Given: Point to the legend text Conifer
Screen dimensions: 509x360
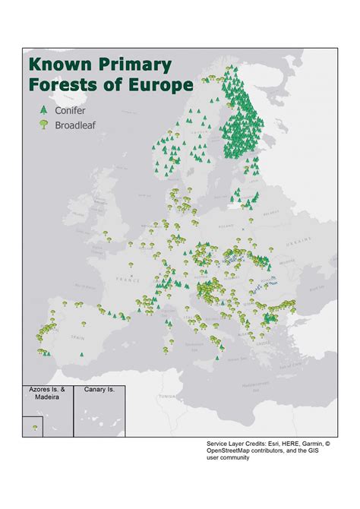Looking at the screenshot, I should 71,111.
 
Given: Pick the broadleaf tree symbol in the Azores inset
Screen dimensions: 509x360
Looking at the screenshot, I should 34,428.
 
